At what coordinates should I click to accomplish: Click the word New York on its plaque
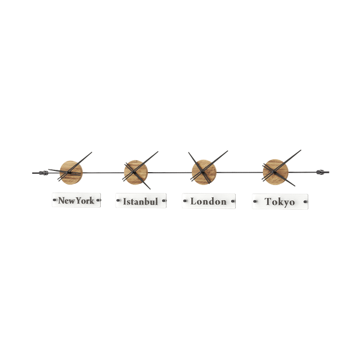[x=76, y=200]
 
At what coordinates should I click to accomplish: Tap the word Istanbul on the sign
[x=141, y=201]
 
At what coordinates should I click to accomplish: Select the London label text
[x=208, y=201]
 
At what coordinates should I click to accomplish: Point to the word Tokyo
[x=280, y=201]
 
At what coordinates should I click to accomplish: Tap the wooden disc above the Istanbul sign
[x=135, y=171]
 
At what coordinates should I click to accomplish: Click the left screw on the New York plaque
[x=55, y=200]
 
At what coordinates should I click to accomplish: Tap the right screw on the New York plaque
[x=98, y=200]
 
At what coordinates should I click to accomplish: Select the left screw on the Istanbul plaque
[x=118, y=201]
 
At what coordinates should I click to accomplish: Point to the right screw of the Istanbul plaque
[x=164, y=201]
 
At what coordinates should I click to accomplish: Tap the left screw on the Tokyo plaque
[x=254, y=201]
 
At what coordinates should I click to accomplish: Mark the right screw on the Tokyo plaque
[x=305, y=201]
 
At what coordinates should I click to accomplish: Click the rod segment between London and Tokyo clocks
[x=238, y=171]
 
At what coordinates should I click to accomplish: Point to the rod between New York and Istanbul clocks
[x=103, y=172]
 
